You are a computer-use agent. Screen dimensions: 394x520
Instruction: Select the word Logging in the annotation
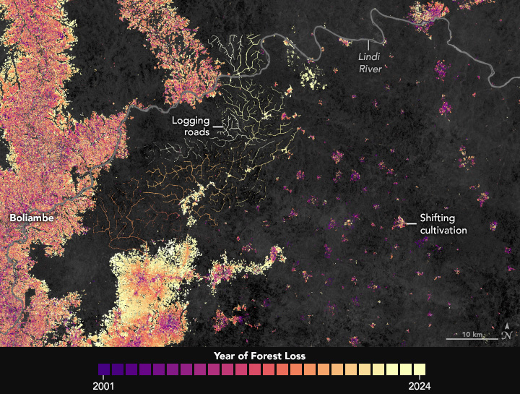[x=190, y=121]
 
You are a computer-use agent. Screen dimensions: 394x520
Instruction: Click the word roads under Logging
[x=196, y=132]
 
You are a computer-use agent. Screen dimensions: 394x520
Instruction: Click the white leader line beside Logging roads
[x=218, y=127]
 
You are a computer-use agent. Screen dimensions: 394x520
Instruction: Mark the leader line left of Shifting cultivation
[x=412, y=223]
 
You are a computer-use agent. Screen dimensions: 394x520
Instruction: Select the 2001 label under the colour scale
[x=104, y=385]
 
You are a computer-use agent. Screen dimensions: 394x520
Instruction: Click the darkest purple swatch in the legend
[x=104, y=369]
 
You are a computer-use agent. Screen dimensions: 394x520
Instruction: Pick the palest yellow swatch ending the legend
[x=418, y=369]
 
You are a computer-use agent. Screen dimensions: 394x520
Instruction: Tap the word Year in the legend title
[x=226, y=356]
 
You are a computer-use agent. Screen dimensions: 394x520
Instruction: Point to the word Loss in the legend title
[x=294, y=356]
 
